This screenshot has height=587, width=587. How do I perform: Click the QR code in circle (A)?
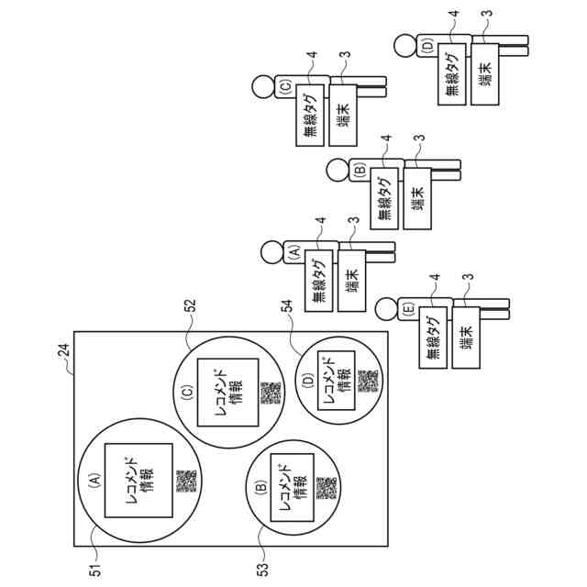pyautogui.click(x=186, y=481)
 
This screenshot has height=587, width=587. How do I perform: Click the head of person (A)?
pyautogui.click(x=271, y=250)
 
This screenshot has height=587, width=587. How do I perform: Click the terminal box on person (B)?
pyautogui.click(x=416, y=195)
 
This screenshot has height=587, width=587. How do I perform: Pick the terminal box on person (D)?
pyautogui.click(x=484, y=72)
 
